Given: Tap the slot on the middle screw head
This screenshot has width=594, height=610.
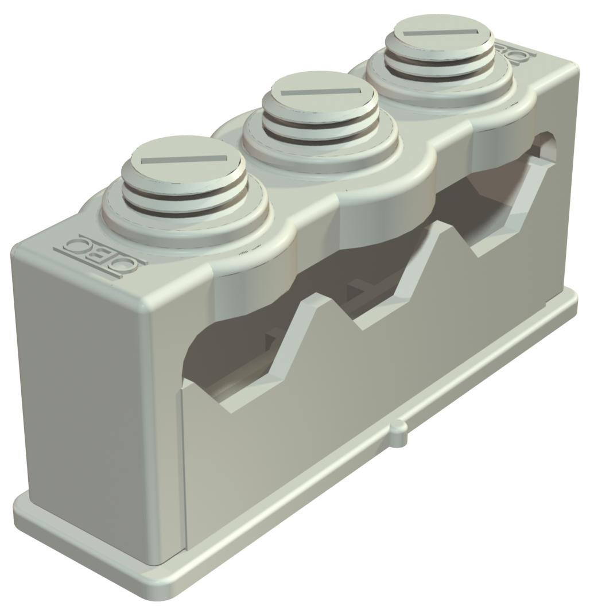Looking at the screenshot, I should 320,92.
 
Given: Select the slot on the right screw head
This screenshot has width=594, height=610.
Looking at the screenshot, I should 440,33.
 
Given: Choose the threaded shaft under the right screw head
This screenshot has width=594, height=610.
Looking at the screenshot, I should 439,64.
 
